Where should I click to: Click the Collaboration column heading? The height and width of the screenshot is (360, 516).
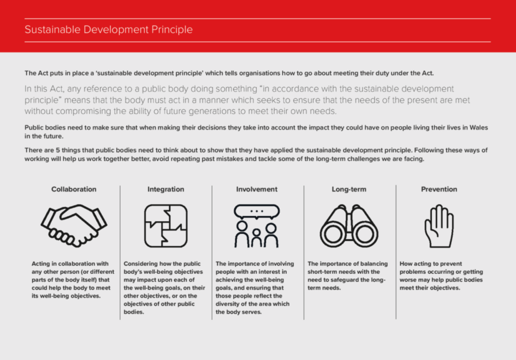click(74, 189)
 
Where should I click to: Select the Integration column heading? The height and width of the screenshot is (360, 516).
click(165, 189)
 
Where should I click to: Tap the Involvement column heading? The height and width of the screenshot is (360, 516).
click(256, 189)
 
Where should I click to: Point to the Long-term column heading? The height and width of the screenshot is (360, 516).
click(349, 189)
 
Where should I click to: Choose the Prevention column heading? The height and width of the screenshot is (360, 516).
click(439, 189)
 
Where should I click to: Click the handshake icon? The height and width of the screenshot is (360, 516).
click(74, 226)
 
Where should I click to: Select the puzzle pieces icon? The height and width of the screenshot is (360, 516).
click(166, 226)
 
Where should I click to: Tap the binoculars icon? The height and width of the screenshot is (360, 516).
click(349, 226)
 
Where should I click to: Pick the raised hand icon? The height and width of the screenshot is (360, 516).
click(439, 226)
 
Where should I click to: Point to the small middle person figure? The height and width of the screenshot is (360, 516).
click(256, 238)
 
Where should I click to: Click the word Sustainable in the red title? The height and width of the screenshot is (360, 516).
click(52, 30)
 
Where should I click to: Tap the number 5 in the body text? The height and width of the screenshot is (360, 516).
click(58, 150)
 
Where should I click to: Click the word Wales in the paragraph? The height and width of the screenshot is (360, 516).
click(479, 127)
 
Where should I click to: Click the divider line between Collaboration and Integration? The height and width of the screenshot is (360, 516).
click(120, 252)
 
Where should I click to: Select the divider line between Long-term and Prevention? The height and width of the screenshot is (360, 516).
click(396, 252)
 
